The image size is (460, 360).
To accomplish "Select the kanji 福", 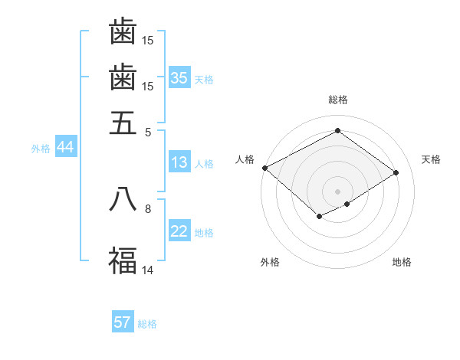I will click(123, 260).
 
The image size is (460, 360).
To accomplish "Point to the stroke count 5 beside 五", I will click(148, 131).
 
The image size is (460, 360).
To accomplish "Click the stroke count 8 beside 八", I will click(148, 208).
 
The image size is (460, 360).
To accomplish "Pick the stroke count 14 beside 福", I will click(148, 270).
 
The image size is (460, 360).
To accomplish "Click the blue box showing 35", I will click(179, 78).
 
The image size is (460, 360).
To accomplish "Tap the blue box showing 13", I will click(179, 163).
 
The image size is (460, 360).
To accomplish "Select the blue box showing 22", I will click(179, 232).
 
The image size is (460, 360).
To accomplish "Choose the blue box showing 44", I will click(65, 148).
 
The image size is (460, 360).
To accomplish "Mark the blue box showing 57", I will click(123, 322).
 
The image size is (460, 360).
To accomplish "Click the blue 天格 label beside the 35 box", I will click(204, 79).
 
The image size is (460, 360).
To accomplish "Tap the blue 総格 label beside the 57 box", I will click(147, 324).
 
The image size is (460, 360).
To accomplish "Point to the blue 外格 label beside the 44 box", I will click(41, 149).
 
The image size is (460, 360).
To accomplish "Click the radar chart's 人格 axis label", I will click(245, 159).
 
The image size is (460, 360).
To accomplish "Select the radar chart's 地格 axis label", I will click(402, 262).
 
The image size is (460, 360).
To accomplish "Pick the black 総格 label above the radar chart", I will click(337, 100).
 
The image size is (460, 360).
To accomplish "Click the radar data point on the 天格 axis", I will click(396, 172).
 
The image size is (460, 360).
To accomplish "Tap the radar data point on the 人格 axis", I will click(264, 168).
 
